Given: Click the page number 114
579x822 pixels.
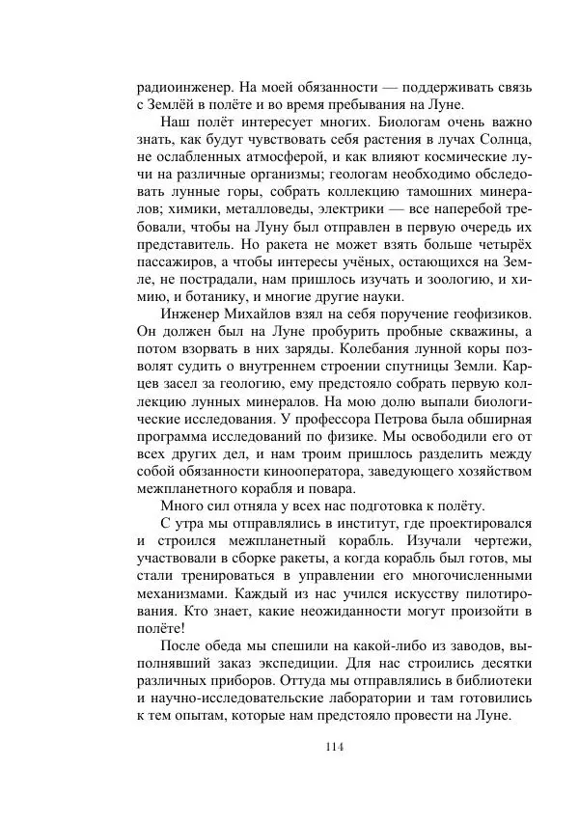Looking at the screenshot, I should pyautogui.click(x=335, y=747).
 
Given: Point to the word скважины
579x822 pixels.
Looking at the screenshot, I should pyautogui.click(x=472, y=342).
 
